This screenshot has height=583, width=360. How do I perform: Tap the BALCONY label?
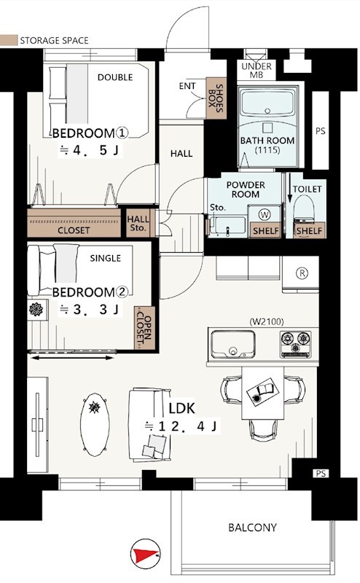pos(252,528)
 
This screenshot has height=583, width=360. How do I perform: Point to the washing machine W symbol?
pos(263,214)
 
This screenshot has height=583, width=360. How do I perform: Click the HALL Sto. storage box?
pos(137,223)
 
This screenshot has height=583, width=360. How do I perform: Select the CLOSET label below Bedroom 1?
pos(74,230)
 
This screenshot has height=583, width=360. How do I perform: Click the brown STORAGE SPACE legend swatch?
pos(8,40)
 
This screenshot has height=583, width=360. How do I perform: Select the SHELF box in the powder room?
pos(263,231)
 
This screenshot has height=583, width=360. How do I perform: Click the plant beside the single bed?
pos(36,309)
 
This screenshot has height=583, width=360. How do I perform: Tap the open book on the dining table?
pos(262,394)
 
